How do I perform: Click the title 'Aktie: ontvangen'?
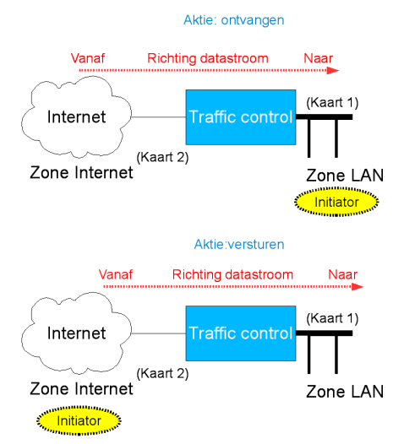[233, 20]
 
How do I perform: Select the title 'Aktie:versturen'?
[239, 245]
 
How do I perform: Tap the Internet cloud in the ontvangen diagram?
[77, 116]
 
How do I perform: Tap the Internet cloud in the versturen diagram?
[77, 333]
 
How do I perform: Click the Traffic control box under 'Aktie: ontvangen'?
[241, 117]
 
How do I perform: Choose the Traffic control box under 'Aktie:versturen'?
[241, 333]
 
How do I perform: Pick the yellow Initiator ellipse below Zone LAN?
[336, 202]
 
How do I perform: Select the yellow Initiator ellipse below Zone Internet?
[79, 420]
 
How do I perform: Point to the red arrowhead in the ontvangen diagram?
[333, 70]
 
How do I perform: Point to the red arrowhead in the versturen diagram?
[358, 286]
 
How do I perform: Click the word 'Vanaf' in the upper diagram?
[88, 58]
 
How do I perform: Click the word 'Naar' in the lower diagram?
[342, 274]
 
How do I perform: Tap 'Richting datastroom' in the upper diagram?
[208, 58]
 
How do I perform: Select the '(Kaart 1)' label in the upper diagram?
[332, 102]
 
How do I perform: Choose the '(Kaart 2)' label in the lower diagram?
[162, 373]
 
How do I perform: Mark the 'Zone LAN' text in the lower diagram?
[345, 392]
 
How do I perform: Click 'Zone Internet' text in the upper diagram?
[81, 172]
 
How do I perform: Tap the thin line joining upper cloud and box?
[159, 117]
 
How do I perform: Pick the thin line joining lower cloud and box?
[159, 333]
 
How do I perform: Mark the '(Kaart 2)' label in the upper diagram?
[162, 158]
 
